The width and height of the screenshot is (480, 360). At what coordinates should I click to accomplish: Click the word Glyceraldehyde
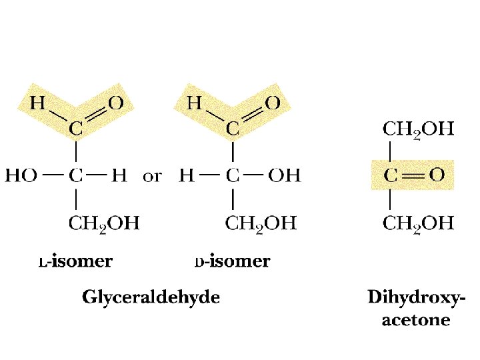click(151, 297)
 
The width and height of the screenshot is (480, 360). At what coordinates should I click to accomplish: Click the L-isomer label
click(75, 261)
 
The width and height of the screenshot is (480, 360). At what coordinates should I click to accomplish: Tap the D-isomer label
click(232, 261)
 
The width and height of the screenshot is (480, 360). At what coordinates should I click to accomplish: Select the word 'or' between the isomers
click(153, 177)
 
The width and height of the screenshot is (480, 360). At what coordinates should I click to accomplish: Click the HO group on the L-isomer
click(21, 176)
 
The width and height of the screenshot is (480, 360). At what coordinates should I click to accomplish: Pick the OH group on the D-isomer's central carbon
click(284, 176)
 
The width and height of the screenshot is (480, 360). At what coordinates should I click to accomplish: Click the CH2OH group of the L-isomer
click(104, 223)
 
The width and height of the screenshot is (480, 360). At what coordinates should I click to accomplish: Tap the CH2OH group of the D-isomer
click(261, 223)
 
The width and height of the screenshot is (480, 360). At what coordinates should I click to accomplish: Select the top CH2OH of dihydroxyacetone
click(419, 129)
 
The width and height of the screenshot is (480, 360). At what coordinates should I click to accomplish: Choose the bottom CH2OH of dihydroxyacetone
click(419, 223)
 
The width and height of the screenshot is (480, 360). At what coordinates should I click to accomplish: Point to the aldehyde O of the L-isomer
click(116, 103)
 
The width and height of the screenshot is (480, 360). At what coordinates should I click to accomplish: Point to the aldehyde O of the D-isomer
click(273, 103)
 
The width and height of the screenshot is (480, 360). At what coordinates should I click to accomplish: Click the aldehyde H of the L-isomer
click(37, 103)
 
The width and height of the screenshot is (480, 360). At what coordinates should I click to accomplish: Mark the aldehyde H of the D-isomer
click(195, 103)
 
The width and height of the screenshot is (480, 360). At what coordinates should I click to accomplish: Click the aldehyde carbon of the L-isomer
click(77, 129)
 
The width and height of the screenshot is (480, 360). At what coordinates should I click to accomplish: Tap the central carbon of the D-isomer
click(233, 176)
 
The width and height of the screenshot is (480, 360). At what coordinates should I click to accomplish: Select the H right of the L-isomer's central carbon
click(119, 176)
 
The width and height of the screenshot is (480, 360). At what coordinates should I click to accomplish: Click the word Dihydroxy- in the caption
click(417, 297)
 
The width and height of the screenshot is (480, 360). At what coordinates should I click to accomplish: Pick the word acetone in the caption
click(416, 320)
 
